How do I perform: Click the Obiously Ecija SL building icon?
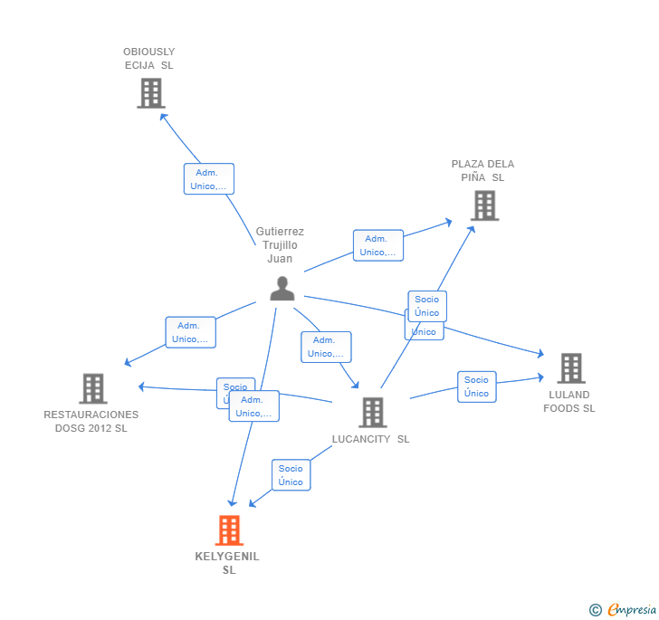tap(151, 93)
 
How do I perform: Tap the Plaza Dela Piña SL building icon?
tap(484, 205)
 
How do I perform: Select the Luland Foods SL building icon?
tap(570, 368)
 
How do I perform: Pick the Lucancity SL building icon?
tap(372, 412)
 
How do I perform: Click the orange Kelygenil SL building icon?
tap(229, 530)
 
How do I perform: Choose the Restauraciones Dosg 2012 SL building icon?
tap(93, 388)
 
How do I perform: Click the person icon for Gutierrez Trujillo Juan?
tap(282, 289)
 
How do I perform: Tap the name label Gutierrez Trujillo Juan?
tap(280, 245)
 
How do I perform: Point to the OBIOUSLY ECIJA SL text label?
tap(149, 59)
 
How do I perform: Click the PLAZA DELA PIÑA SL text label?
tap(482, 171)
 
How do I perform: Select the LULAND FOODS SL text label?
tap(569, 402)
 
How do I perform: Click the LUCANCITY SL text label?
tap(370, 439)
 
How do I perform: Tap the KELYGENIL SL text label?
tap(227, 563)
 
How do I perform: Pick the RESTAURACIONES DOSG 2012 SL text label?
tap(91, 421)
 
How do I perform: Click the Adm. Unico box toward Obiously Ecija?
tap(209, 179)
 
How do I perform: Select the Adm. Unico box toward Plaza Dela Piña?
tap(378, 245)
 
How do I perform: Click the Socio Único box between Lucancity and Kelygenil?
tap(291, 475)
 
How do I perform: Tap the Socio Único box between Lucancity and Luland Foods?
tap(477, 386)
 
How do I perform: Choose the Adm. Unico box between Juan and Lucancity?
tap(326, 347)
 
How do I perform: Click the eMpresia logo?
tap(623, 610)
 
